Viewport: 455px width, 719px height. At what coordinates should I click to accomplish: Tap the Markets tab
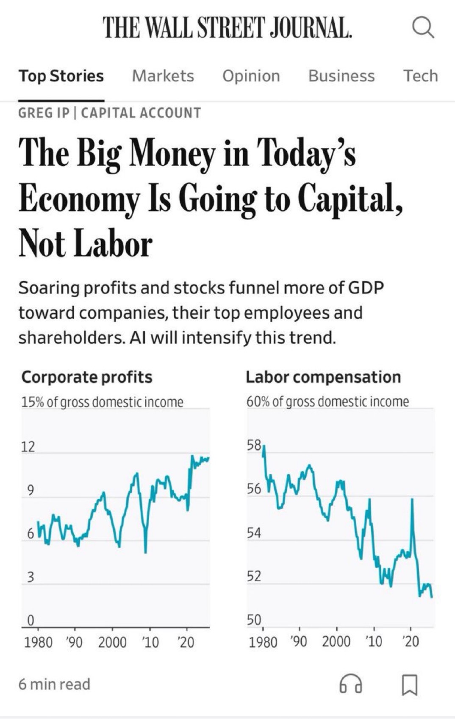pyautogui.click(x=163, y=76)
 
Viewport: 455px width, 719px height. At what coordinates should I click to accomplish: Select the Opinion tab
pyautogui.click(x=251, y=76)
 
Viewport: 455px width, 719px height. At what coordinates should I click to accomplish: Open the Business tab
pyautogui.click(x=341, y=76)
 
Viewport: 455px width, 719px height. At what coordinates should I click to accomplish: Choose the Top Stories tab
pyautogui.click(x=61, y=76)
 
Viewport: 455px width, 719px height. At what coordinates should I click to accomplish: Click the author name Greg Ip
pyautogui.click(x=43, y=113)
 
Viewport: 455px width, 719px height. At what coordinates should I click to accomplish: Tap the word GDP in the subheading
pyautogui.click(x=366, y=288)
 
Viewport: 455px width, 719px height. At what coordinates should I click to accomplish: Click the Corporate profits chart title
pyautogui.click(x=87, y=377)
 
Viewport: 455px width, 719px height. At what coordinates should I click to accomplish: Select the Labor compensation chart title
pyautogui.click(x=323, y=377)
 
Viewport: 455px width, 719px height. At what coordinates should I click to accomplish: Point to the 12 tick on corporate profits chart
pyautogui.click(x=28, y=447)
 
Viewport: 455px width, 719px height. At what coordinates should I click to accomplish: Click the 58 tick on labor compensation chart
pyautogui.click(x=254, y=445)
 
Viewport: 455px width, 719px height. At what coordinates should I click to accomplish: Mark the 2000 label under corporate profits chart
pyautogui.click(x=112, y=642)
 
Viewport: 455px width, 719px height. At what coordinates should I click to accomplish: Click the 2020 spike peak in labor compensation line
pyautogui.click(x=412, y=500)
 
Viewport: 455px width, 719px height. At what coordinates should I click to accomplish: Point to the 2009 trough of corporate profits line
pyautogui.click(x=145, y=552)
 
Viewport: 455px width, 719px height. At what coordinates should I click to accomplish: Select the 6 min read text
pyautogui.click(x=54, y=684)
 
